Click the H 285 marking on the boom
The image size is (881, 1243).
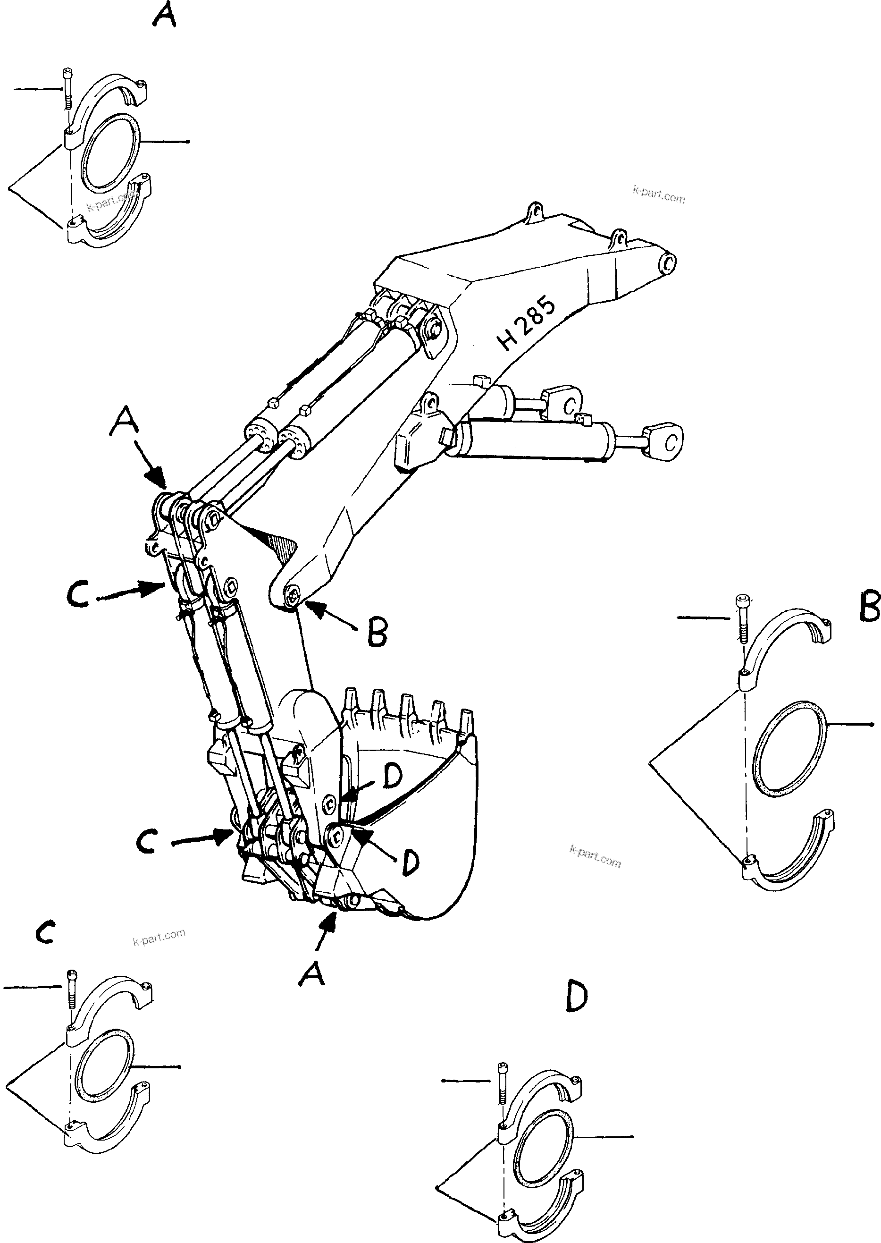point(526,324)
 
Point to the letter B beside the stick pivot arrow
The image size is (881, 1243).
point(377,632)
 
